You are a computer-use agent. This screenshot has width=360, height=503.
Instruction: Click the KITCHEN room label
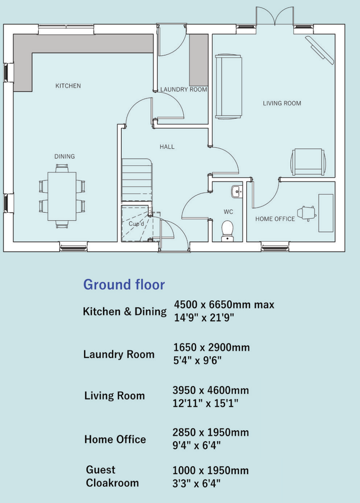pyautogui.click(x=68, y=86)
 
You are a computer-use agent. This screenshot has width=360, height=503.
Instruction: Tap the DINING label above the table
pyautogui.click(x=65, y=156)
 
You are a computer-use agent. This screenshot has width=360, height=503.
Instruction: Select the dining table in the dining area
pyautogui.click(x=62, y=196)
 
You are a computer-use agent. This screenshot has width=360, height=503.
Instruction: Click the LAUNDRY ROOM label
pyautogui.click(x=184, y=90)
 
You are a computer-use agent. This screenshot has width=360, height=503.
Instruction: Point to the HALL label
pyautogui.click(x=167, y=147)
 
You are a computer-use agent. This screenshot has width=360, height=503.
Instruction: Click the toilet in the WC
pyautogui.click(x=227, y=230)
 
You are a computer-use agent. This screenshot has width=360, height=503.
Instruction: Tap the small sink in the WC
pyautogui.click(x=236, y=192)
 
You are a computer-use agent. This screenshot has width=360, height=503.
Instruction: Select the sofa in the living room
pyautogui.click(x=228, y=87)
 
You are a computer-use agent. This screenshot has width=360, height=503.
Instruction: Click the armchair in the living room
pyautogui.click(x=308, y=162)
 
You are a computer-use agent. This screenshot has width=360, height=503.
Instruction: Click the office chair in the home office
pyautogui.click(x=307, y=213)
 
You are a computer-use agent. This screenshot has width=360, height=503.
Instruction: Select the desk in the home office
pyautogui.click(x=326, y=213)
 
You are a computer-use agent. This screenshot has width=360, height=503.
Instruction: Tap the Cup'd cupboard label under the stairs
pyautogui.click(x=136, y=224)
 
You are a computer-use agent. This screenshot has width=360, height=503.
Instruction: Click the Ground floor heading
pyautogui.click(x=124, y=285)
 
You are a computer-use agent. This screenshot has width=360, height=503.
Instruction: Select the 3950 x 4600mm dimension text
pyautogui.click(x=211, y=390)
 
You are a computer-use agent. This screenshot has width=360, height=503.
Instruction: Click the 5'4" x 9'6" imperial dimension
pyautogui.click(x=197, y=361)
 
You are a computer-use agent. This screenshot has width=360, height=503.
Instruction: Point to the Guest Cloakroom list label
pyautogui.click(x=112, y=476)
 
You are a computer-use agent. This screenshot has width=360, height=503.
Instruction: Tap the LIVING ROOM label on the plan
pyautogui.click(x=282, y=103)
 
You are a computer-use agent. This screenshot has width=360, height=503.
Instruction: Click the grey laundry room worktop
pyautogui.click(x=199, y=60)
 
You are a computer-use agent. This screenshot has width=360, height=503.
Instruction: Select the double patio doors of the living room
pyautogui.click(x=275, y=17)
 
